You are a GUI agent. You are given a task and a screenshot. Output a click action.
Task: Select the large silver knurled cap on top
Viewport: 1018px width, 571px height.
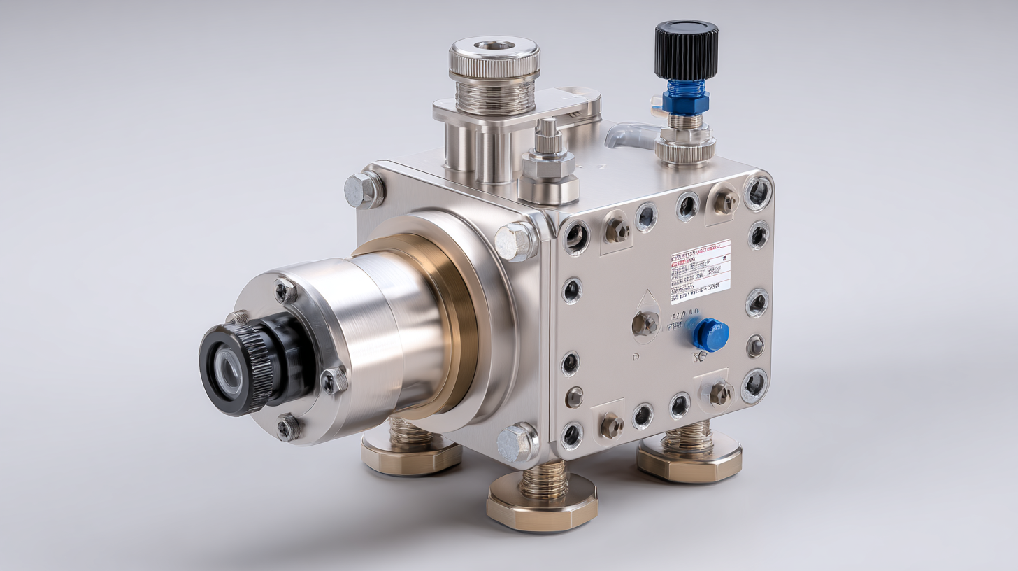(x=494, y=57)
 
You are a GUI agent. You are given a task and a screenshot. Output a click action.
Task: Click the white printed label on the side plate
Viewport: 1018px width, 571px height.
(x=700, y=271)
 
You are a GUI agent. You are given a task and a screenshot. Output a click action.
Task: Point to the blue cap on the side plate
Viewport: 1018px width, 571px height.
(x=710, y=334)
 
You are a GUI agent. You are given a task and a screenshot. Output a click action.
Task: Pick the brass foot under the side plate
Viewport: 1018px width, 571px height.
(x=689, y=461)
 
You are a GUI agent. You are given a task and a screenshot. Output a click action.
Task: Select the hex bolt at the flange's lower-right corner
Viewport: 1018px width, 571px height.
(x=515, y=442)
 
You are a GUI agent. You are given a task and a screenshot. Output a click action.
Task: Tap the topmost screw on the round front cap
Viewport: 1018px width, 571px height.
(x=285, y=290)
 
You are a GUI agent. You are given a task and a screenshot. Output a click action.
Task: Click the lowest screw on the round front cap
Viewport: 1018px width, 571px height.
(x=287, y=427)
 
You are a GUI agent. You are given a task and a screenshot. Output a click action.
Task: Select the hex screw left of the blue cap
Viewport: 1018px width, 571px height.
(x=644, y=323)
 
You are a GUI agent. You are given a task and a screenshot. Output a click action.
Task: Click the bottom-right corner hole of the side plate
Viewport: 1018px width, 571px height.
(x=754, y=385)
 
